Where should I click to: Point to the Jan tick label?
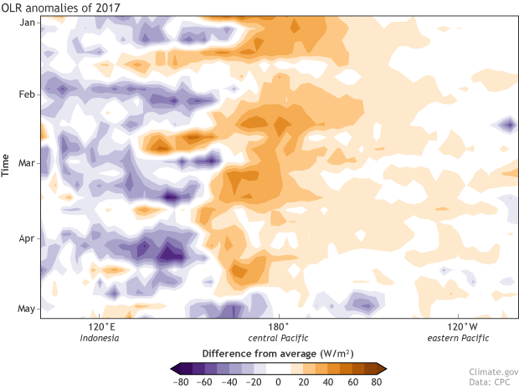(26, 23)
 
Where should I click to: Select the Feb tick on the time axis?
(26, 95)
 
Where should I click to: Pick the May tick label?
(26, 309)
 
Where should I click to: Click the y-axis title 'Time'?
(7, 166)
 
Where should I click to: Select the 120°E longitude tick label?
(100, 327)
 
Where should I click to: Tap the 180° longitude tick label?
(279, 327)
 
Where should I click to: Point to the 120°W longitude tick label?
(457, 327)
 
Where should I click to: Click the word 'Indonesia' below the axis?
(100, 338)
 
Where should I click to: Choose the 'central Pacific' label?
(279, 338)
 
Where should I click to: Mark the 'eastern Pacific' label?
(457, 338)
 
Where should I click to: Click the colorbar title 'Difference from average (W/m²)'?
(277, 353)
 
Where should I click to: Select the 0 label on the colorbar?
(277, 381)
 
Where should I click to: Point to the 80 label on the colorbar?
(376, 381)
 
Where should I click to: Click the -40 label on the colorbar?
(228, 381)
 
